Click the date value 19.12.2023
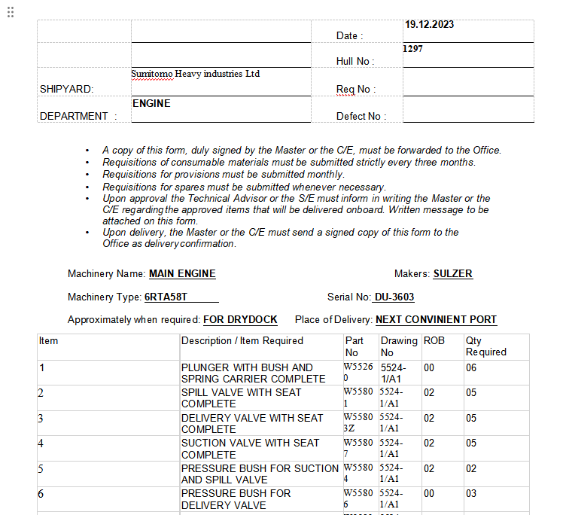tap(429, 25)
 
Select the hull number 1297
tap(413, 48)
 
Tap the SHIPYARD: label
tap(66, 89)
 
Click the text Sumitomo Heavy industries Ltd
tap(196, 74)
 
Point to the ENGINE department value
tap(151, 103)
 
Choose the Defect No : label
tap(361, 116)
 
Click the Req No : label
tap(356, 89)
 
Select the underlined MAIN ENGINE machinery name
tap(182, 274)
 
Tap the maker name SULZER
tap(453, 274)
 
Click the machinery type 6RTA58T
tap(166, 297)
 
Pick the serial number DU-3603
tap(394, 297)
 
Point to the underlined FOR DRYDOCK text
tap(240, 320)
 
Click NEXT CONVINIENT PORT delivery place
tap(436, 320)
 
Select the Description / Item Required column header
tap(242, 341)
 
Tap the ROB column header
tap(434, 341)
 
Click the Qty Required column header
tap(485, 346)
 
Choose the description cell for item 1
tap(253, 373)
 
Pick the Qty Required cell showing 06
tap(471, 368)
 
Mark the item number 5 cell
tap(41, 468)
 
